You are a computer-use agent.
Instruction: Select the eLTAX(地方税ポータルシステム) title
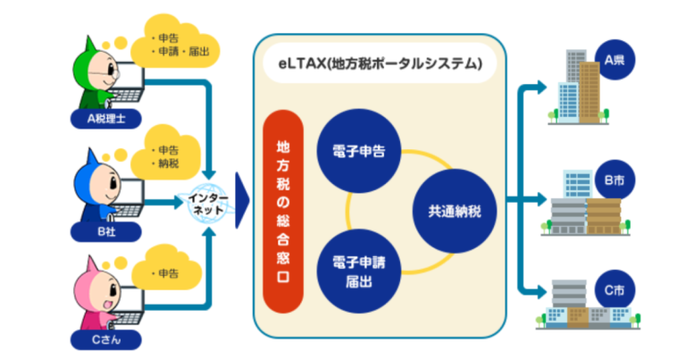[x=379, y=64]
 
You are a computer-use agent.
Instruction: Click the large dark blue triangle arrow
[x=241, y=200]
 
